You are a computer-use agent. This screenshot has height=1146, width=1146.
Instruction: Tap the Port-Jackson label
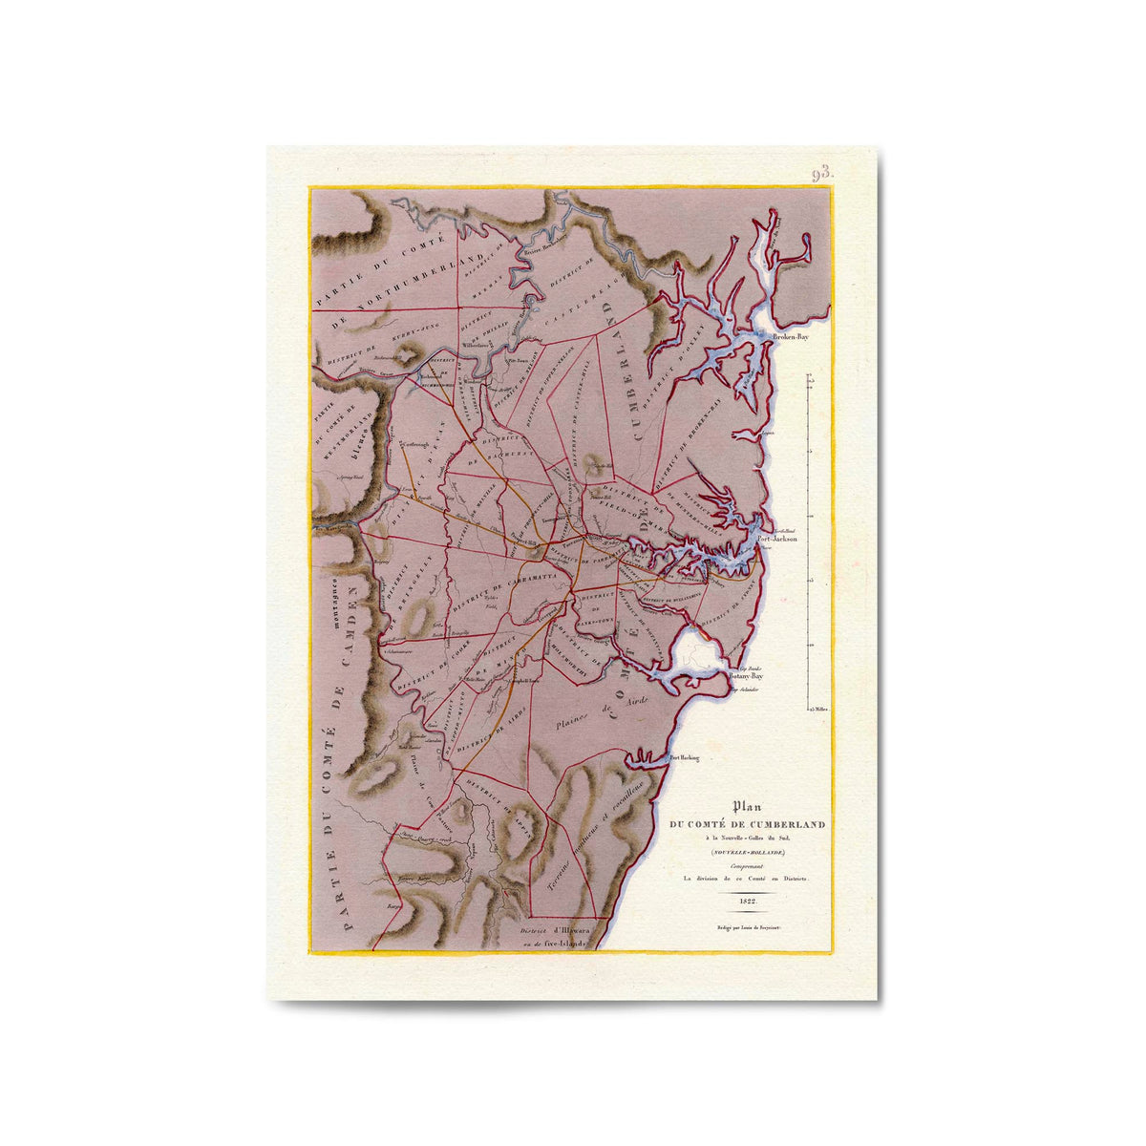point(777,539)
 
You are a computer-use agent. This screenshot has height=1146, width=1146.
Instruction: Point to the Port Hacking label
point(685,758)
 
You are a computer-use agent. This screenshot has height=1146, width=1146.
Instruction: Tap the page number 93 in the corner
point(822,174)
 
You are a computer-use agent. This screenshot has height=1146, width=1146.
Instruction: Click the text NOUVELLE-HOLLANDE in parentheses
point(747,851)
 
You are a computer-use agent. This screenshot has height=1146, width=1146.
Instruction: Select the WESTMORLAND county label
point(351,444)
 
